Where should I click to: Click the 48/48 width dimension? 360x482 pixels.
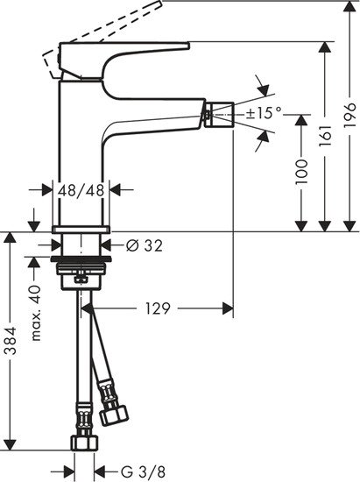[x=81, y=188]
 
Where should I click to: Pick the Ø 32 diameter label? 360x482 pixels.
[x=144, y=246]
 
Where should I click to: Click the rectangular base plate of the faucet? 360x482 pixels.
[x=81, y=230]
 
